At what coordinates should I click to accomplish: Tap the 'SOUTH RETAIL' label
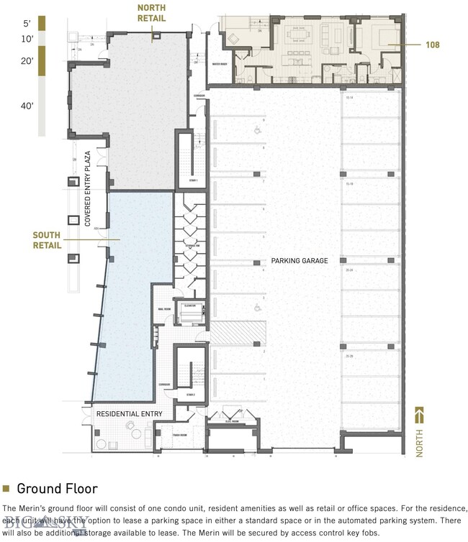pyautogui.click(x=47, y=240)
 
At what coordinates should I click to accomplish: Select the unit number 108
pyautogui.click(x=432, y=45)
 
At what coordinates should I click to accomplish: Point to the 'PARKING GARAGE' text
pyautogui.click(x=300, y=261)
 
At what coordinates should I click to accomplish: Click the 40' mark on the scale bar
pyautogui.click(x=27, y=106)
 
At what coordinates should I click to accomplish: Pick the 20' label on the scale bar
pyautogui.click(x=27, y=61)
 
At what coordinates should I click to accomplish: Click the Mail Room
pyautogui.click(x=162, y=311)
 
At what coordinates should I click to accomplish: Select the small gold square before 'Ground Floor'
pyautogui.click(x=6, y=489)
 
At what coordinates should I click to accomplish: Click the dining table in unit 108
pyautogui.click(x=298, y=34)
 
